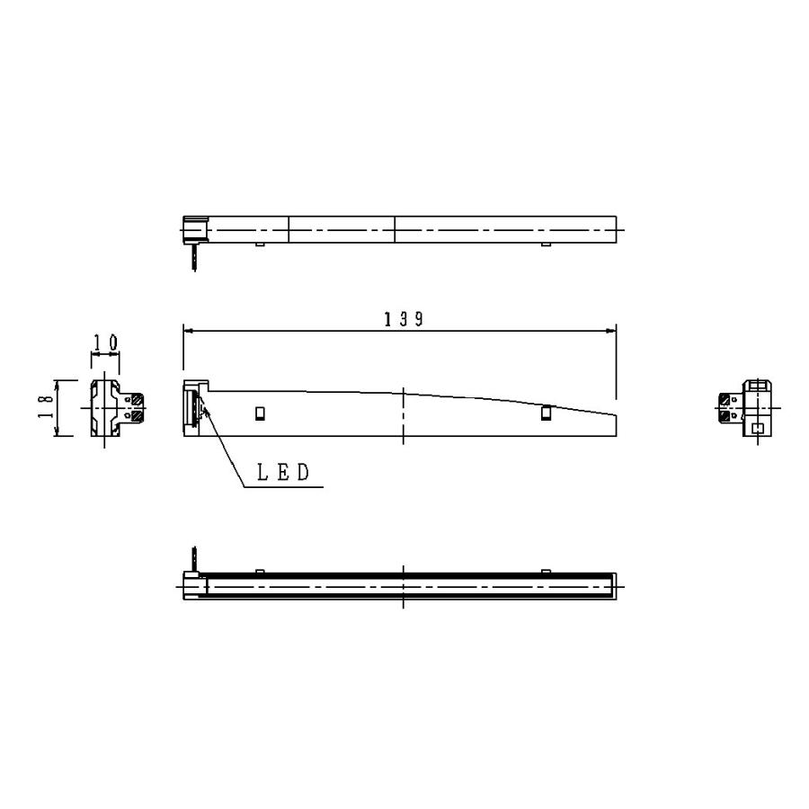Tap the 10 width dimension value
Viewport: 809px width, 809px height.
[x=105, y=343]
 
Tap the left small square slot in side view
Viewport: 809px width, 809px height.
[x=261, y=413]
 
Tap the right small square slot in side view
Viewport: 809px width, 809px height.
[x=546, y=413]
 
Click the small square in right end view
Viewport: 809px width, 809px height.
[x=758, y=428]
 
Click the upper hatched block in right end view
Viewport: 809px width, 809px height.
[x=725, y=400]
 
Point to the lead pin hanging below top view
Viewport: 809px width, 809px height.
[x=193, y=258]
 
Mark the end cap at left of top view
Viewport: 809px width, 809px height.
[x=195, y=229]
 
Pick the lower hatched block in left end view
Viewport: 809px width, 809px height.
[x=136, y=416]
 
